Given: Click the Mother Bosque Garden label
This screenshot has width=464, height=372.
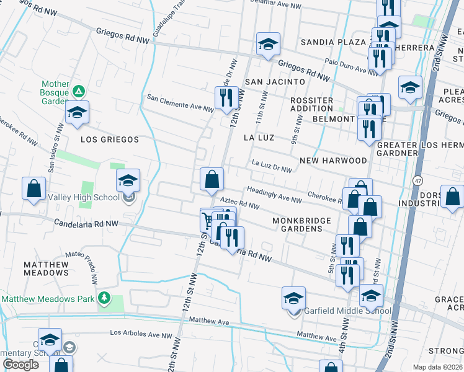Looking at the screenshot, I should (55, 88).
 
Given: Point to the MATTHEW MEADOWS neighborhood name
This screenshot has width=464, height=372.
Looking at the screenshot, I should (47, 268).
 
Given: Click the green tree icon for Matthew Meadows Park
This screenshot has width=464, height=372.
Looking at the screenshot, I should (104, 298).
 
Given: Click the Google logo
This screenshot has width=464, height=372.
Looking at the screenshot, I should (20, 365).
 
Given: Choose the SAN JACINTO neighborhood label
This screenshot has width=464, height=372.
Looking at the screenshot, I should (275, 82).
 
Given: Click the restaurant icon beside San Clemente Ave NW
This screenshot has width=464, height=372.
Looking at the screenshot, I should (225, 97).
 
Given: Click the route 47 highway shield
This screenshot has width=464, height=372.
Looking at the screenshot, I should (418, 180).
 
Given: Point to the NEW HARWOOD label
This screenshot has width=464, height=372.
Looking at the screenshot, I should (333, 161).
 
